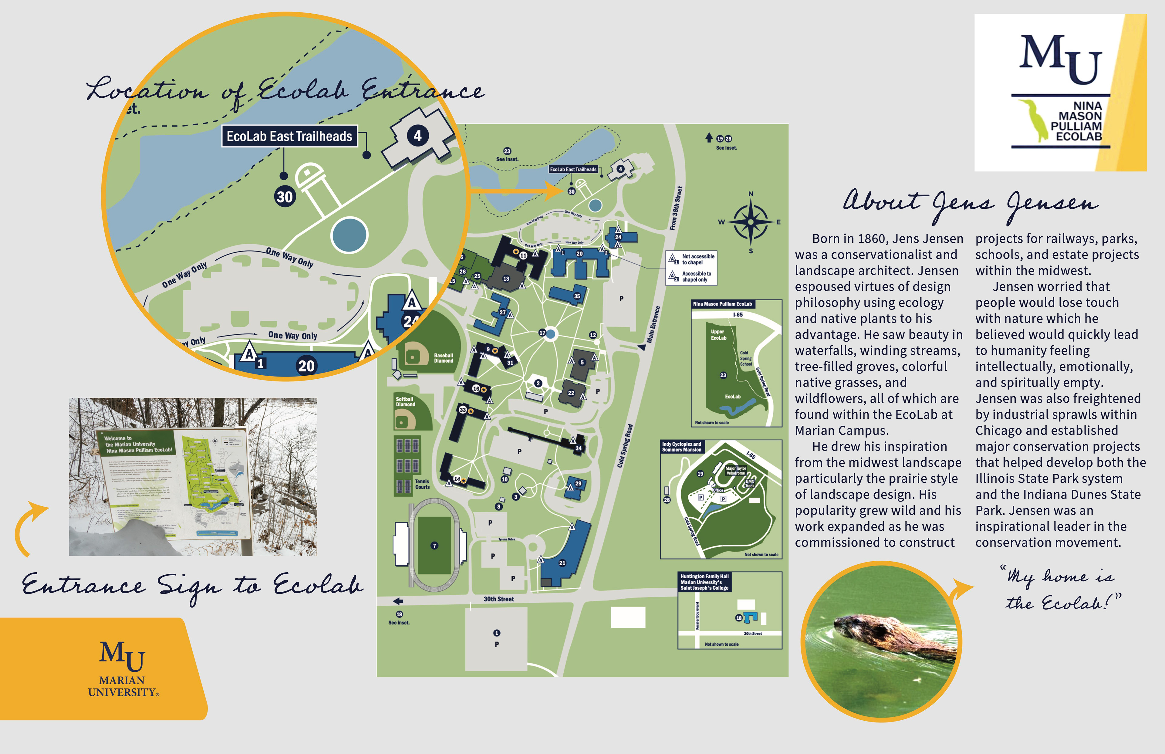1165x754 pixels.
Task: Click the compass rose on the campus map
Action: (x=750, y=222)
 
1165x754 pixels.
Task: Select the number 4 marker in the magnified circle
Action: (x=417, y=136)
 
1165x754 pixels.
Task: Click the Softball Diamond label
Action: (x=405, y=401)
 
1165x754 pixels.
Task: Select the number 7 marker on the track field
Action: (x=434, y=546)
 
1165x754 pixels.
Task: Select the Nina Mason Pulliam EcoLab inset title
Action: (x=722, y=304)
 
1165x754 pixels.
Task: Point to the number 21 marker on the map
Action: (x=562, y=563)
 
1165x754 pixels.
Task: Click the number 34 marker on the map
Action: (x=579, y=448)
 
